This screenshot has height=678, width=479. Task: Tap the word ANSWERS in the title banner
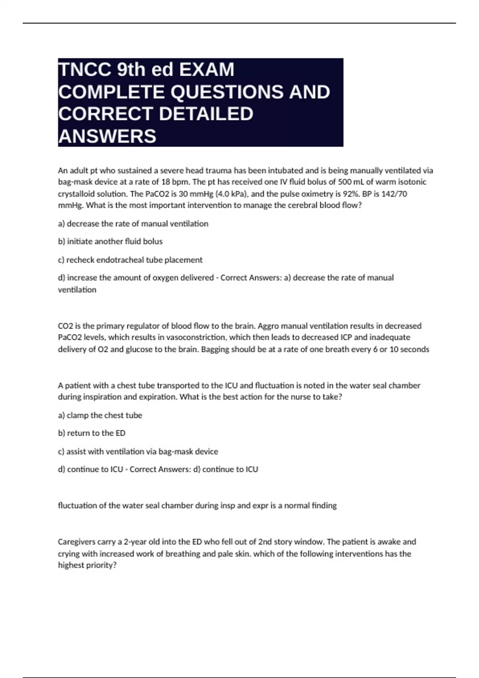[107, 136]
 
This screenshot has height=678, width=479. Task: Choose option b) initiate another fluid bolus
[110, 241]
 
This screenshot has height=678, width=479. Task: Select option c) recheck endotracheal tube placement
[130, 260]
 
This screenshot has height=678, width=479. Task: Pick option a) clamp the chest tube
[100, 415]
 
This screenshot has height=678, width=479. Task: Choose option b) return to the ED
[91, 433]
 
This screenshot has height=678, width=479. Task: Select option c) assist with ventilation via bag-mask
[138, 451]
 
